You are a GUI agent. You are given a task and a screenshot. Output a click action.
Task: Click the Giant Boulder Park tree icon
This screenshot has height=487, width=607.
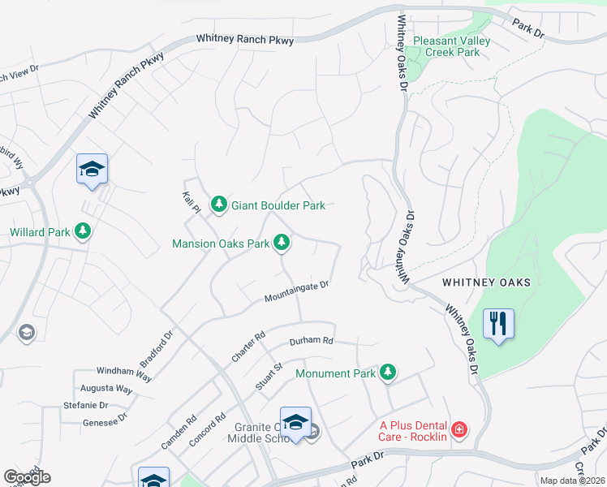coord(218,205)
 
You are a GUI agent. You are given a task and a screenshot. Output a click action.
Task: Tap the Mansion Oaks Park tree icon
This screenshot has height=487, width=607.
coord(282,242)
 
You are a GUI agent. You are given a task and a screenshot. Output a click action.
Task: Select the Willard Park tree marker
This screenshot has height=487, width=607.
coord(82,232)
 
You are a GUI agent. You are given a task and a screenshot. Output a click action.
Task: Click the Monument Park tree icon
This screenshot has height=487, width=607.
coord(389,373)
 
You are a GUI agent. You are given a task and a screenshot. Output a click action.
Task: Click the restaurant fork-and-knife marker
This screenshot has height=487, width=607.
coord(497,324)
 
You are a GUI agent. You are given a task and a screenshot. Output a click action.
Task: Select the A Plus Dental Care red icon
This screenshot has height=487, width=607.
coord(459,429)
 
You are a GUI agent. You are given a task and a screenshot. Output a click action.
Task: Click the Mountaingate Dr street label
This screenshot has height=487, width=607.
coord(296,292)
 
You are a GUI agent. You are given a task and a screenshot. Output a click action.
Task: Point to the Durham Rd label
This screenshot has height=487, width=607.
coord(312,341)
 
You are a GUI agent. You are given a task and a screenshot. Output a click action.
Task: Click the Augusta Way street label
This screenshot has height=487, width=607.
coord(113,390)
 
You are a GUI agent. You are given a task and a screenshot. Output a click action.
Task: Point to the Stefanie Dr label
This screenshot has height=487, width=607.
coord(85,405)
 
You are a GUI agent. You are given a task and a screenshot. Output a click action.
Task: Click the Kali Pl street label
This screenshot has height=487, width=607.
coord(192,202)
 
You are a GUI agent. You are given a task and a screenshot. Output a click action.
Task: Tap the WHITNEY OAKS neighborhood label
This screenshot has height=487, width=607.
coord(486,282)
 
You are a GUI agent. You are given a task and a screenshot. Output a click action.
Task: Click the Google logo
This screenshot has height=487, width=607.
coord(27,477)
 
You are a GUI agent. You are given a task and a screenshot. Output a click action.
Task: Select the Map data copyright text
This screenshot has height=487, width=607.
coord(573,481)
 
